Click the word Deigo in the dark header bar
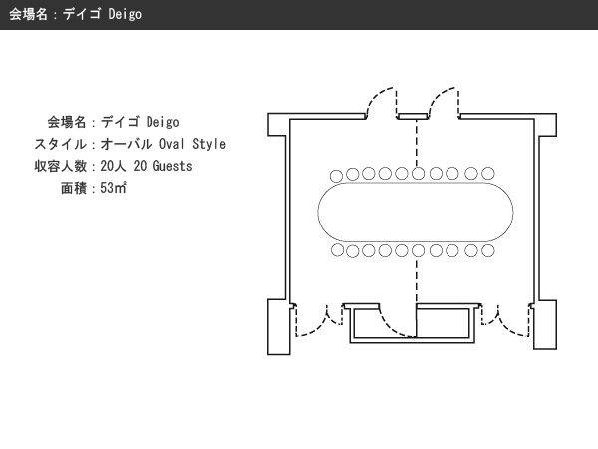[125, 14]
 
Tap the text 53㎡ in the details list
[113, 188]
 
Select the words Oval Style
[192, 144]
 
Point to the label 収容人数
[60, 166]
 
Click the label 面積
[73, 188]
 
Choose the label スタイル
[60, 144]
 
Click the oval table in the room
[416, 212]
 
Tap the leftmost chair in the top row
[336, 176]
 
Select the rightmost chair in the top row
[487, 173]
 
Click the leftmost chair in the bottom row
[337, 250]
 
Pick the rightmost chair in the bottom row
[487, 250]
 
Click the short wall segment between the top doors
[413, 116]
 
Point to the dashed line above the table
[417, 143]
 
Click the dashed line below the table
[417, 280]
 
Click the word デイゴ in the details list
[120, 122]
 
